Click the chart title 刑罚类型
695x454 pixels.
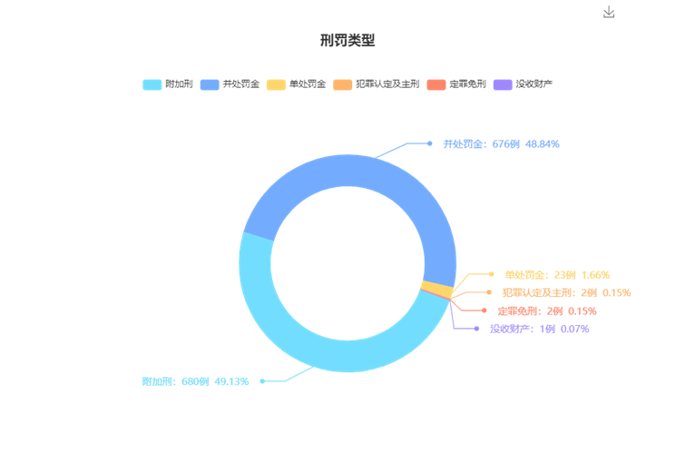tap(347, 40)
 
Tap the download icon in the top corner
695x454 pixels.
tap(609, 12)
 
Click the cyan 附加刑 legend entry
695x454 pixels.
tap(168, 84)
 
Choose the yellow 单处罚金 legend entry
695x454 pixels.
tap(297, 84)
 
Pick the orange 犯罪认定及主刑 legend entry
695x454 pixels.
tap(377, 84)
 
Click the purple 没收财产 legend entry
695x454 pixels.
tap(524, 84)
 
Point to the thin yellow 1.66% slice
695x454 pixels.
tap(437, 289)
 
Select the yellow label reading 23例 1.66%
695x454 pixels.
tap(557, 274)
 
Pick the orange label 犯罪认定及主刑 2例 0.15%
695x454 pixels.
tap(565, 292)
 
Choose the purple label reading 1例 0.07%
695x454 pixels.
tap(539, 329)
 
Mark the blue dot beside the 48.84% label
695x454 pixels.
tap(429, 143)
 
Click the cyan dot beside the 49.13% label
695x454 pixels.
tap(262, 381)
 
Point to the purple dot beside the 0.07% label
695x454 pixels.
tap(478, 329)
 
